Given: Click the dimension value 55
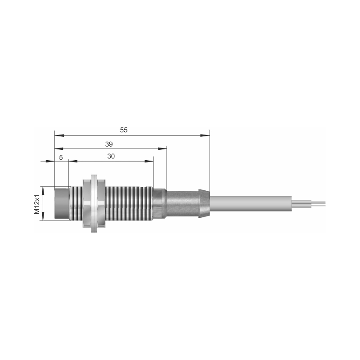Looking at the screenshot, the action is click(x=123, y=130).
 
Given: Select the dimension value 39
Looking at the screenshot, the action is click(x=109, y=144).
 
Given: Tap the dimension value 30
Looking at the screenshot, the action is click(x=111, y=156).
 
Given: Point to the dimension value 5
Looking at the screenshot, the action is click(x=61, y=157).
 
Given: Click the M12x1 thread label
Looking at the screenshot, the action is click(x=37, y=203).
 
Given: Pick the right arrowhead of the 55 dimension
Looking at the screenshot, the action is click(x=205, y=135).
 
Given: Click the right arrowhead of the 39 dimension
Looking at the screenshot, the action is click(x=162, y=149).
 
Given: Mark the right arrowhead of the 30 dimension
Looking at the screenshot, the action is click(x=149, y=161).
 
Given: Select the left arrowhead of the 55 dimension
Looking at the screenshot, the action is click(x=59, y=135).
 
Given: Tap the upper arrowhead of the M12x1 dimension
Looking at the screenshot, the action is click(x=43, y=190).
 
